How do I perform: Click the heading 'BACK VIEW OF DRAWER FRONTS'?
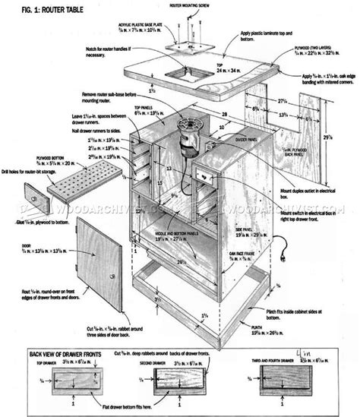coord(63,354)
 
